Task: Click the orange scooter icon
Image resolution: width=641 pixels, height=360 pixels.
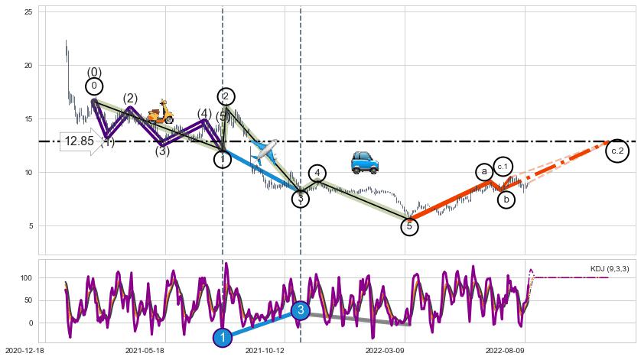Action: point(161,112)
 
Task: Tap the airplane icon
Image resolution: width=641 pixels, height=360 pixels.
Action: point(265,151)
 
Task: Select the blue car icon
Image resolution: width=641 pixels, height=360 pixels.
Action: point(365,162)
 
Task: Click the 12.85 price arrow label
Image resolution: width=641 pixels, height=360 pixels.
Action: point(81,141)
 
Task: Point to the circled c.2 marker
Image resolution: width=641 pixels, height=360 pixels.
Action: point(618,151)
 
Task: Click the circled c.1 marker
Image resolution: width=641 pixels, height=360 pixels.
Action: point(503,166)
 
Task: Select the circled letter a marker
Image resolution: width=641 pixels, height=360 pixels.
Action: point(484,173)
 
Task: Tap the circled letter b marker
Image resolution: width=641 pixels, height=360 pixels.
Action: point(506,199)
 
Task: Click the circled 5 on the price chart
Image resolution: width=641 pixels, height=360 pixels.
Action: point(409,226)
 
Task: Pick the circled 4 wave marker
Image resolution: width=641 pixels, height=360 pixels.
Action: point(317,174)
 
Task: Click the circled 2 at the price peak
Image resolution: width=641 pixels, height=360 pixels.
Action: point(226,96)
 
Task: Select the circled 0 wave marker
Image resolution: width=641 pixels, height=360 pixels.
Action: point(94,86)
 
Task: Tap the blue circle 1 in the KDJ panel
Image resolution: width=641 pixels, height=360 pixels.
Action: point(223,337)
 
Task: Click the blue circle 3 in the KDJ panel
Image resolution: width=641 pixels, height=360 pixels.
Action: point(301,310)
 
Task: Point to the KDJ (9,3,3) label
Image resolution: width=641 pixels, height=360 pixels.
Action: point(610,268)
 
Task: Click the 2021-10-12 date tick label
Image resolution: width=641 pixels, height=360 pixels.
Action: point(265,350)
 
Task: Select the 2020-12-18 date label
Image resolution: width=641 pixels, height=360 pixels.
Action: point(24,350)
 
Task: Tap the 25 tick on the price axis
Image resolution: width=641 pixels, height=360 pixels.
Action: point(29,12)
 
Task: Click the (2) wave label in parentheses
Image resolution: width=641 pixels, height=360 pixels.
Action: point(130,99)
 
